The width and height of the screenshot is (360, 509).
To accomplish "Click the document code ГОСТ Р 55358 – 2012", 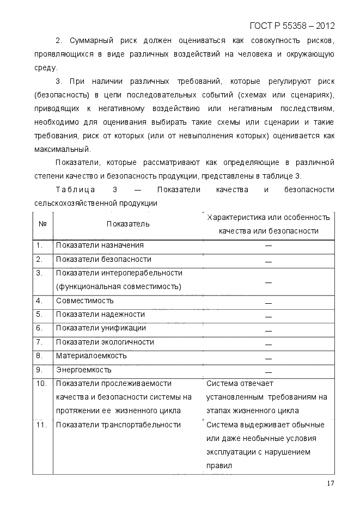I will (x=292, y=26).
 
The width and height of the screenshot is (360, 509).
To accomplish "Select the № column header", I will (x=42, y=224).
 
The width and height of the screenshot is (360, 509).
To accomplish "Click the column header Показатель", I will (x=128, y=224).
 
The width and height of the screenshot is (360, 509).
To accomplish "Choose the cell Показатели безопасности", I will (x=103, y=260).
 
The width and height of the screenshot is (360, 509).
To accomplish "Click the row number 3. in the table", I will (x=40, y=273).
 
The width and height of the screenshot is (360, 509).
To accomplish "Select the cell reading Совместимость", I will (x=84, y=301).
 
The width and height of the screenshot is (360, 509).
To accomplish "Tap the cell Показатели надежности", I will (x=100, y=315).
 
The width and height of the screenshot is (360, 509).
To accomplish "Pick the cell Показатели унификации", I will (x=101, y=328).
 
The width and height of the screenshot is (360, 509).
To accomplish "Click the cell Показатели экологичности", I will (x=105, y=342).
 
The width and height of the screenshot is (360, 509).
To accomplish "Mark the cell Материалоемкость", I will (x=91, y=356).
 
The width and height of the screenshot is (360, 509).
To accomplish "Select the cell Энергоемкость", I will (x=83, y=370).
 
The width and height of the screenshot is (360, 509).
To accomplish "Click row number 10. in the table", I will (x=41, y=384).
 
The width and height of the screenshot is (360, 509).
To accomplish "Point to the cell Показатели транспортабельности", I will (x=118, y=425).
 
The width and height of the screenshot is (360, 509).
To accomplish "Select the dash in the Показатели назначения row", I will (x=269, y=246).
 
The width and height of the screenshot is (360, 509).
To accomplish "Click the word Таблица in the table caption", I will (x=76, y=190).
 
